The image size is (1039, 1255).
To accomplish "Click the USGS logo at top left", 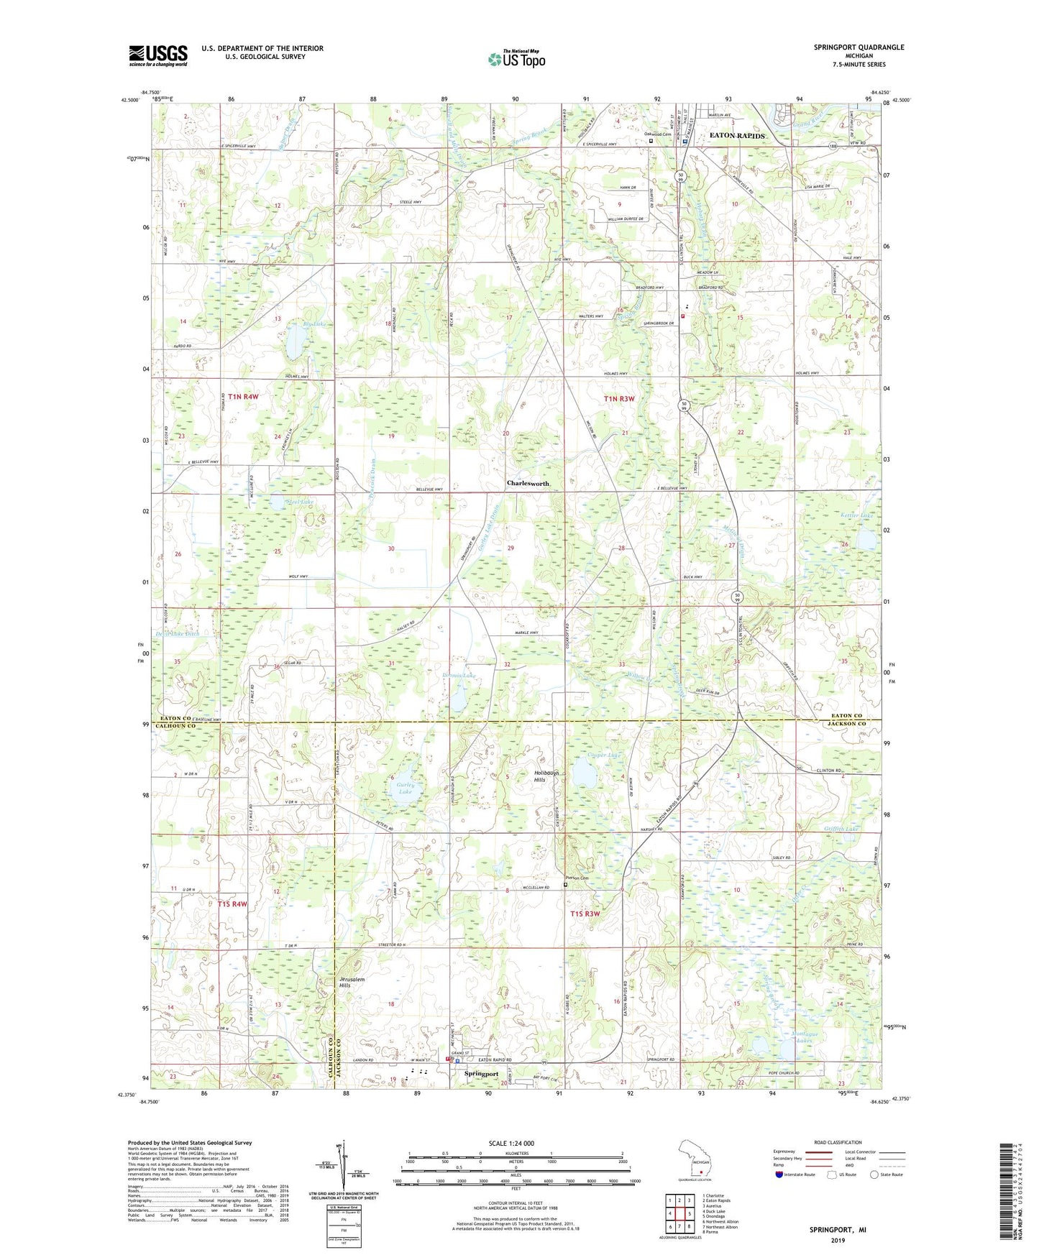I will pos(158,55).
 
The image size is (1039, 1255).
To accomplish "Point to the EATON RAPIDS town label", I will pos(737,135).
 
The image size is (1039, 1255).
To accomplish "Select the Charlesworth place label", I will pos(528,483).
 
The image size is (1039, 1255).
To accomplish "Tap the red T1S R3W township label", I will pos(585,914).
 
